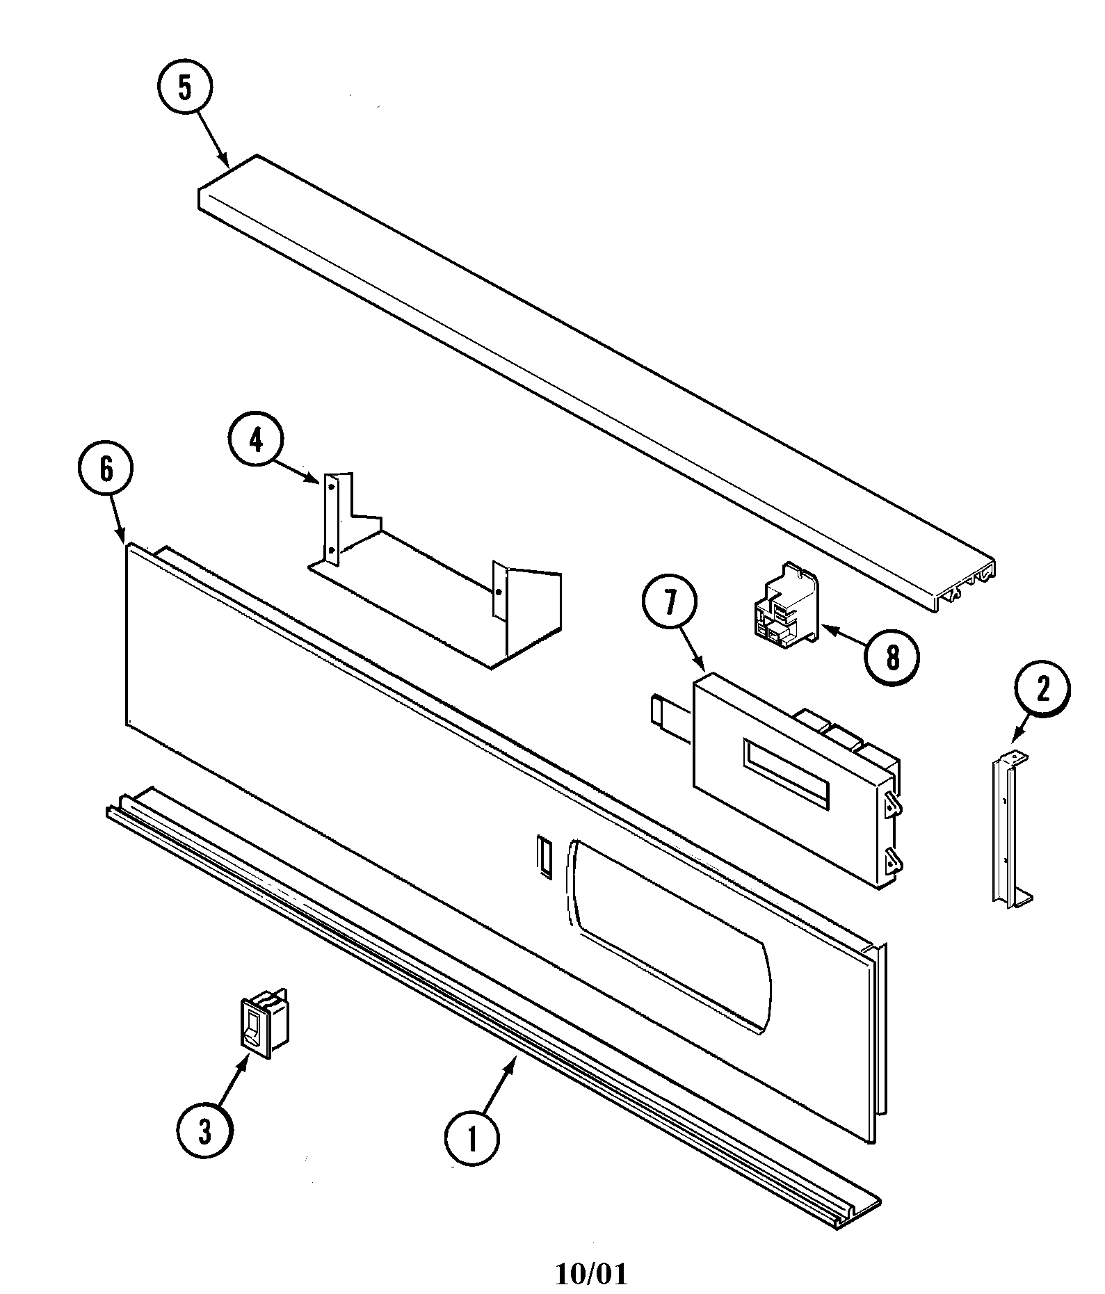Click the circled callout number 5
184,88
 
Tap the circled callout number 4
257,439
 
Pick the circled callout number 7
669,602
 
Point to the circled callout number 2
1042,689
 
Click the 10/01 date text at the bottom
591,1274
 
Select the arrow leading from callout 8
845,638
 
